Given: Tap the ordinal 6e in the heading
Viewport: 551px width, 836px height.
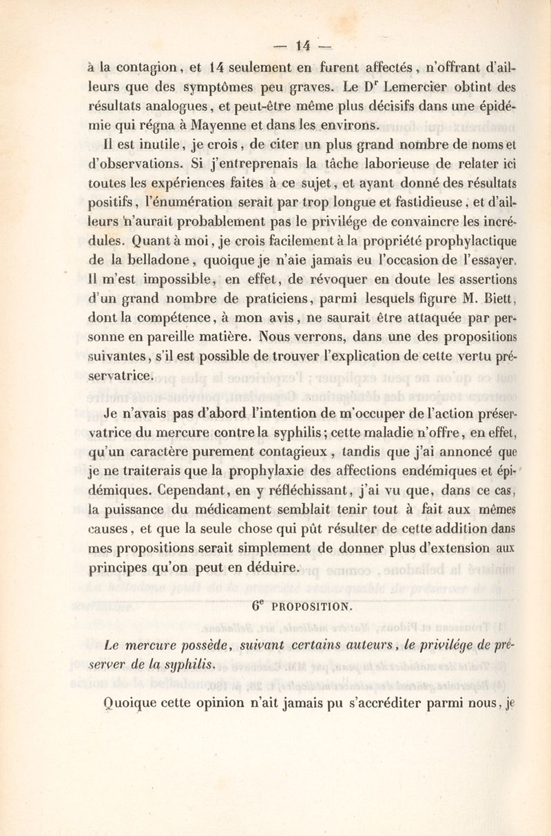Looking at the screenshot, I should (x=259, y=606).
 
